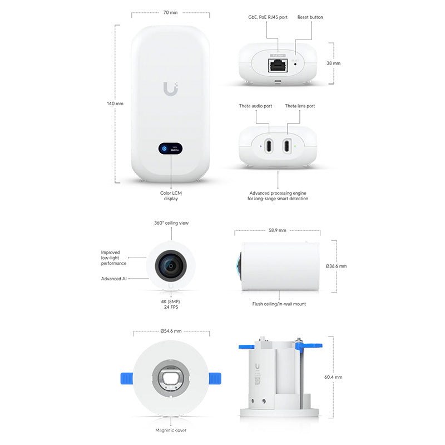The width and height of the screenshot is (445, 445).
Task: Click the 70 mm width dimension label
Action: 170,12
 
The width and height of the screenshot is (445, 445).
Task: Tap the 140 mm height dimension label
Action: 116,103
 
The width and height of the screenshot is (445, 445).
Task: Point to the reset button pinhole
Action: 295,63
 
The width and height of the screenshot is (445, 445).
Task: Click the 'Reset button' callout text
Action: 310,17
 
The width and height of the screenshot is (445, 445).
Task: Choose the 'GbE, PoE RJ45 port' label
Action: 268,17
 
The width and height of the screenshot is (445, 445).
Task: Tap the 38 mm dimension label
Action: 334,63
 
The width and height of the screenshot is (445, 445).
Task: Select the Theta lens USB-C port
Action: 286,146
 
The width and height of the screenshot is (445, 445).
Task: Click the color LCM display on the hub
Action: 171,149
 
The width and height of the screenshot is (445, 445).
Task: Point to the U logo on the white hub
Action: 171,88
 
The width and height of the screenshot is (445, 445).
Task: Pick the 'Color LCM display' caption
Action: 171,195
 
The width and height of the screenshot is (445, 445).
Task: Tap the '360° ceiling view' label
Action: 171,223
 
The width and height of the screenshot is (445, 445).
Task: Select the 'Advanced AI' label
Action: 114,279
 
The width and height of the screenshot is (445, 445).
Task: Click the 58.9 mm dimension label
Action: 277,230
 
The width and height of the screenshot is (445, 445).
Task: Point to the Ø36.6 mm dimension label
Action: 337,266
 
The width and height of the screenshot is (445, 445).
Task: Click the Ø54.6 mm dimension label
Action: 171,331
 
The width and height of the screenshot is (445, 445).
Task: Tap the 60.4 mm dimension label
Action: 334,377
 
